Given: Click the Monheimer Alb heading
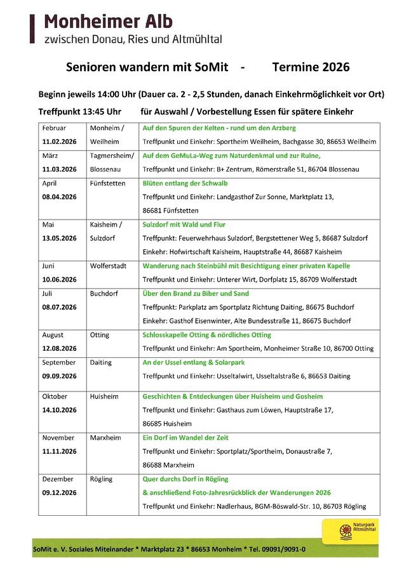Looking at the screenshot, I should [108, 22].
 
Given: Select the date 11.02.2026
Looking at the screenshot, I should [59, 141].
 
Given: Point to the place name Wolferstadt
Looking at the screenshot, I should [109, 266].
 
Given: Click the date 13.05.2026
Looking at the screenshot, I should [59, 238].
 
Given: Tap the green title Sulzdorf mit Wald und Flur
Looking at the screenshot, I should [184, 225].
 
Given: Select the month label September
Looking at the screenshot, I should [59, 362].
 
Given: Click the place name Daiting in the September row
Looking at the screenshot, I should [101, 362].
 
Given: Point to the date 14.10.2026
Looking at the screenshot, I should [59, 410].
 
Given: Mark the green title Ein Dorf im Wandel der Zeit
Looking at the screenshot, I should [185, 438].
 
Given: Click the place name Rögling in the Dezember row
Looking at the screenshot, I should [102, 479].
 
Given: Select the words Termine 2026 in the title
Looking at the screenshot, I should [311, 67].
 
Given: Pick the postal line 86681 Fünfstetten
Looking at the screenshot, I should [171, 211].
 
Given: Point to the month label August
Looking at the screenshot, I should [53, 335].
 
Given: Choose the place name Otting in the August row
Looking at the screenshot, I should [100, 335].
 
